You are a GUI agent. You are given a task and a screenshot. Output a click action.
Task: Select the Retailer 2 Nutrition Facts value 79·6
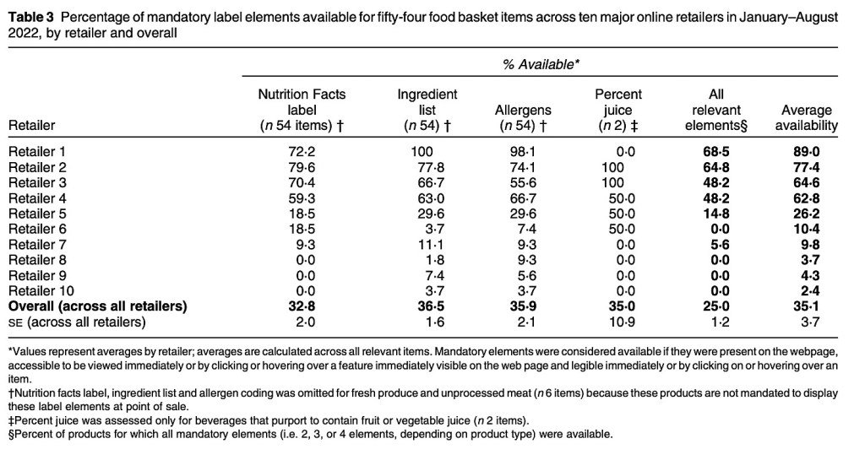tap(301, 166)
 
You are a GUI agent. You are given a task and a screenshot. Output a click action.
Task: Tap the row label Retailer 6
tap(39, 228)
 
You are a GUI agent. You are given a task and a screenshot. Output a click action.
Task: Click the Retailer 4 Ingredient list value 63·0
tap(427, 198)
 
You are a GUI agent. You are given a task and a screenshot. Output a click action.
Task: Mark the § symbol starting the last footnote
tap(10, 434)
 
